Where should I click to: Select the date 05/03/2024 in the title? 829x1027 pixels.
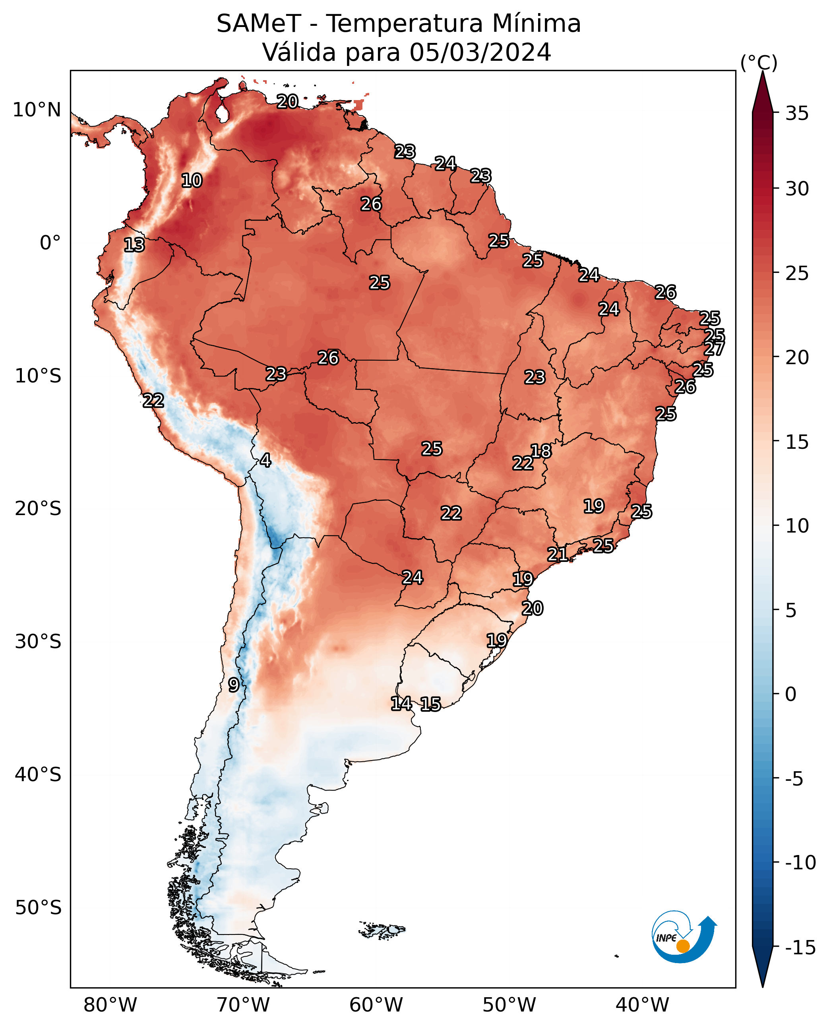[x=480, y=52]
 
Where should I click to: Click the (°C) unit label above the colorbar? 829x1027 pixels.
[x=759, y=62]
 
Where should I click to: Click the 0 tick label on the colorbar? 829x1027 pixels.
[x=791, y=694]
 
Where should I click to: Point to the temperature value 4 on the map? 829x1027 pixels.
[x=265, y=460]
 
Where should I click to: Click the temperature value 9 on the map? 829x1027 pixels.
[x=234, y=685]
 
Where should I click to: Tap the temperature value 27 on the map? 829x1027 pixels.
[x=714, y=348]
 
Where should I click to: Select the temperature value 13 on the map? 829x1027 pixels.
[x=134, y=245]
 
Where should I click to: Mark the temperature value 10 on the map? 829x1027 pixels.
[x=192, y=180]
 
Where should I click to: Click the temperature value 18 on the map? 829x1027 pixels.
[x=541, y=450]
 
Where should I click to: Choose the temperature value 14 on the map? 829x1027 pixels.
[x=401, y=703]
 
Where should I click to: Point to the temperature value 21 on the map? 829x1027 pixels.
[x=557, y=554]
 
